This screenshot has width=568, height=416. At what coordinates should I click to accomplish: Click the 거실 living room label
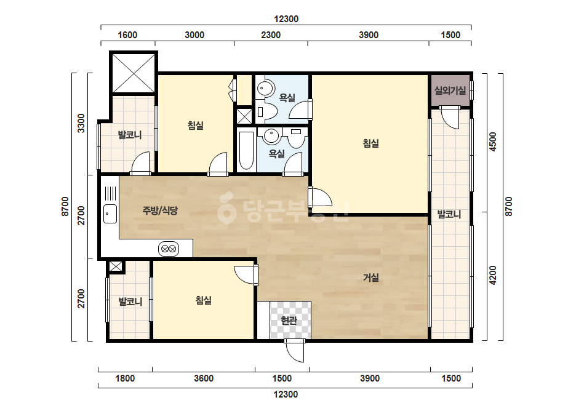[371, 278]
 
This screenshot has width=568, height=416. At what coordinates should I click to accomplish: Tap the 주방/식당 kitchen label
[160, 210]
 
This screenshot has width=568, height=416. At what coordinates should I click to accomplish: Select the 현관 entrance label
[289, 321]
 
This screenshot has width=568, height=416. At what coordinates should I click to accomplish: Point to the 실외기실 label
[450, 90]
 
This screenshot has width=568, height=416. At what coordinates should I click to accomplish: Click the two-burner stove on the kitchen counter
[169, 249]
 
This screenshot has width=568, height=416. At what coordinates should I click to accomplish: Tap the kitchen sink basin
[110, 214]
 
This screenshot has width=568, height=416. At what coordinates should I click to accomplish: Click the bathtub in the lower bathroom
[247, 151]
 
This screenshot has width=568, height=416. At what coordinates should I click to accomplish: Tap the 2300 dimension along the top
[271, 35]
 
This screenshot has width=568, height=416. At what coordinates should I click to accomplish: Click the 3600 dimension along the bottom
[204, 378]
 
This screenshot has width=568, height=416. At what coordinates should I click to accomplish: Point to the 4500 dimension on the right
[493, 142]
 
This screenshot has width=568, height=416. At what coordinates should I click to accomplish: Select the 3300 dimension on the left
[81, 123]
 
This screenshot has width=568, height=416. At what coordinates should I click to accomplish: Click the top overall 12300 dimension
[286, 19]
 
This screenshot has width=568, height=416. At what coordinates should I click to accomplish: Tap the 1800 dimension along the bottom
[125, 378]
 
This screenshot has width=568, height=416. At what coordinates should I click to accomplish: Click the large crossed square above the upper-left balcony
[134, 73]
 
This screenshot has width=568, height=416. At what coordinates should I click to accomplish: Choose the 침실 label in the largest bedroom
[370, 143]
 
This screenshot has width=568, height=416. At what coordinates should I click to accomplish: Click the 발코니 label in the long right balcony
[449, 214]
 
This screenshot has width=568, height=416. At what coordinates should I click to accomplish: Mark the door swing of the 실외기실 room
[450, 118]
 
